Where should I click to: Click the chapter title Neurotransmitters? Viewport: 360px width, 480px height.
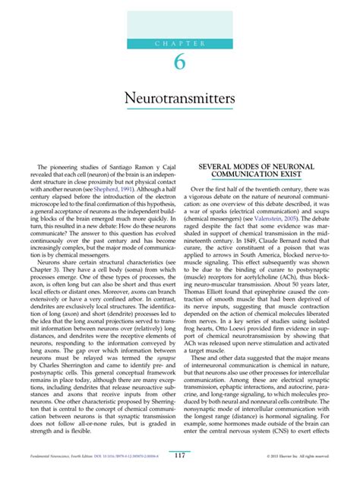click(179, 100)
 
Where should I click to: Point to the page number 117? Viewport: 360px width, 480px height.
click(179, 456)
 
